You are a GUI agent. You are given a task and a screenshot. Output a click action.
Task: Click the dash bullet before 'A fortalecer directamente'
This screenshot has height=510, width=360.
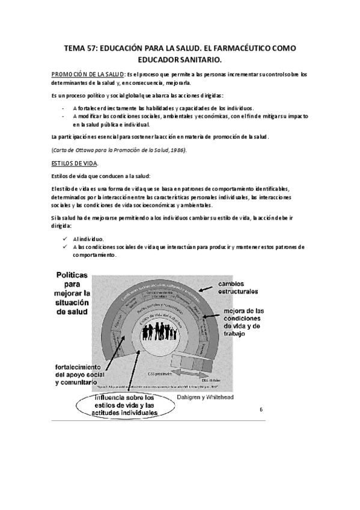tap(64, 108)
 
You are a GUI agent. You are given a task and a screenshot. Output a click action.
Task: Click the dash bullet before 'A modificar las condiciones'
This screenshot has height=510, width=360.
tap(64, 116)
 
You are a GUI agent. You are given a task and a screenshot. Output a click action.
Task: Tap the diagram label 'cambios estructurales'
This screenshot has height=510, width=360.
tap(239, 287)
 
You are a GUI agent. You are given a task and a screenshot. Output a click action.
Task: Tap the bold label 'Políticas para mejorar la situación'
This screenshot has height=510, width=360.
tap(81, 294)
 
